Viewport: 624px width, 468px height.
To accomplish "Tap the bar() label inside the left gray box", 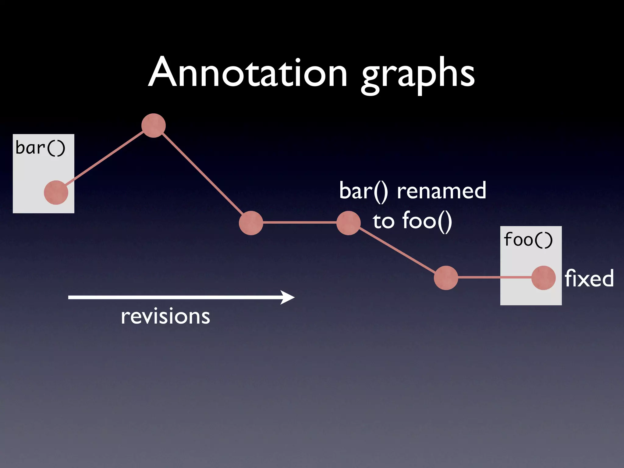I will point(40,148).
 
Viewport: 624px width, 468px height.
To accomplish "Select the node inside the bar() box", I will point(56,192).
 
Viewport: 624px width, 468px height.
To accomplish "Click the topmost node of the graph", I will point(154,126).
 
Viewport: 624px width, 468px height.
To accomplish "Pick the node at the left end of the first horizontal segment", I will point(251,223).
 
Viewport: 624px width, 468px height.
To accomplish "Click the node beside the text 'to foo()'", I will point(349,223).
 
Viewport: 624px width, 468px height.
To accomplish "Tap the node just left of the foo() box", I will point(446,278).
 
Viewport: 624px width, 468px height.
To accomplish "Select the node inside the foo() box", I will point(544,278).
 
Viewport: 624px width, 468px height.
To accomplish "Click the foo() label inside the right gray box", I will point(528,240).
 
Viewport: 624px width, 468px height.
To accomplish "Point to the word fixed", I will point(589,278).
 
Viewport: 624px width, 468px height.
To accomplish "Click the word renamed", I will point(441,191).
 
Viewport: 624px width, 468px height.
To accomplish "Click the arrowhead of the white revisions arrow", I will point(288,297).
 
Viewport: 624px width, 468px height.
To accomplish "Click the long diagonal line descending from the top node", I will point(202,174).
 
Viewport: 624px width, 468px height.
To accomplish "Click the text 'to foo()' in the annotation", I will point(412,221).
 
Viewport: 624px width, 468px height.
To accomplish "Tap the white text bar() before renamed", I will point(363,191).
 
